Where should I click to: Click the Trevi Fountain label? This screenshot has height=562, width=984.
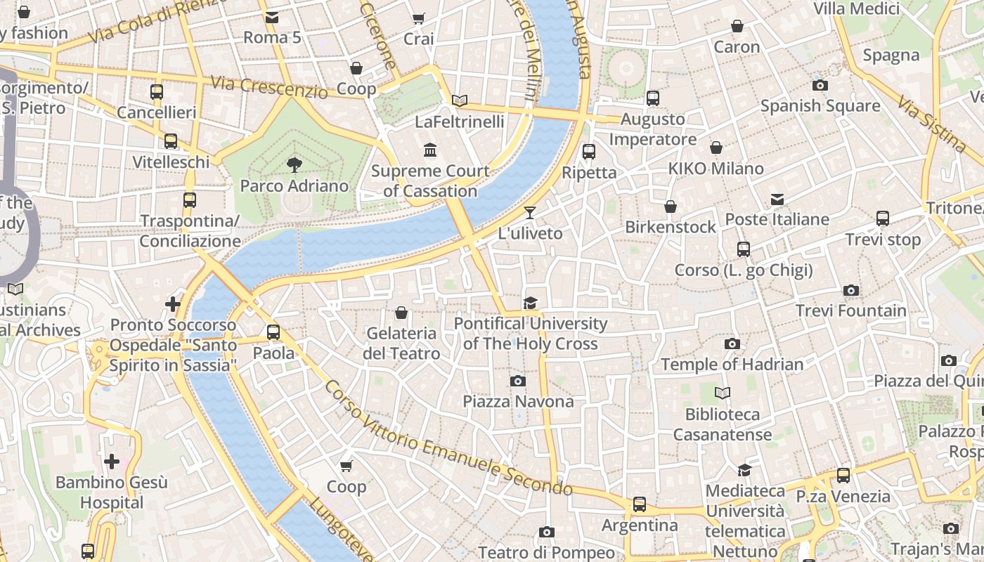850,311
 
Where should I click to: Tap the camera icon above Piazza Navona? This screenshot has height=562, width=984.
518,381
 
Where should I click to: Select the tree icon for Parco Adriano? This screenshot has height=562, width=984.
294,165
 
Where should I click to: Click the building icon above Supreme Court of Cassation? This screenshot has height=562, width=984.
430,150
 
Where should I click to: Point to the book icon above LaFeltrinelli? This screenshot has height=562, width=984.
460,101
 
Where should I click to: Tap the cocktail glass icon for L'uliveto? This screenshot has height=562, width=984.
530,213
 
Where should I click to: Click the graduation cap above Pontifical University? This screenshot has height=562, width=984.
530,303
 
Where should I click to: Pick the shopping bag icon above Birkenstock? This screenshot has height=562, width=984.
671,207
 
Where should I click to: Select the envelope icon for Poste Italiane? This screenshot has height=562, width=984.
777,200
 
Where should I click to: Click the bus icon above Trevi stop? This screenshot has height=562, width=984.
883,218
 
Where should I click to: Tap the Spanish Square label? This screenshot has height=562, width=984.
820,106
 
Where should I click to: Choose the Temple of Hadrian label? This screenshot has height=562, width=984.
732,364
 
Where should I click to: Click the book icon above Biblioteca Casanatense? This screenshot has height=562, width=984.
723,393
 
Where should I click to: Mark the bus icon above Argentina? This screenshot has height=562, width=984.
640,504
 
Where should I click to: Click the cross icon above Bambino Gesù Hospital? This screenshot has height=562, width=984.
112,462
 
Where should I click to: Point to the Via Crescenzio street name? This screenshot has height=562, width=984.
268,87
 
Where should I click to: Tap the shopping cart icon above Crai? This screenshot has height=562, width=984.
419,19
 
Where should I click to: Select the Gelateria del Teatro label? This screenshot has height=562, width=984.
401,343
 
